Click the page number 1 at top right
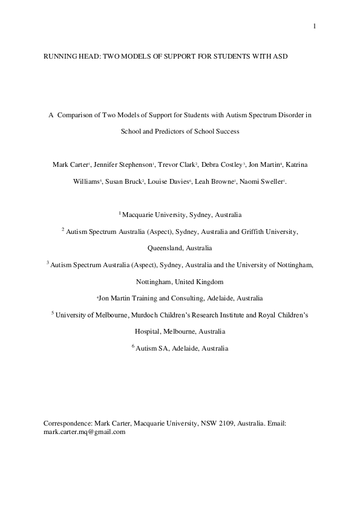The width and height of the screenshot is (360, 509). (315, 25)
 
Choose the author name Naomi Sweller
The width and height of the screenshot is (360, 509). (263, 181)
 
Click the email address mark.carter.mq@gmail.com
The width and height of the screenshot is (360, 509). (84, 432)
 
